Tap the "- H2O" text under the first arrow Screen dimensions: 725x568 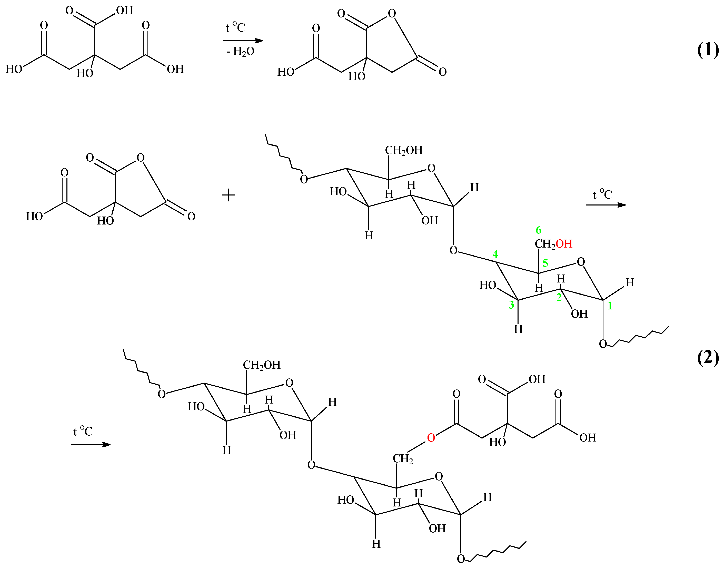pyautogui.click(x=240, y=52)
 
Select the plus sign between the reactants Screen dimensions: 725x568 pyautogui.click(x=228, y=195)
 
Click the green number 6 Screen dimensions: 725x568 pyautogui.click(x=538, y=230)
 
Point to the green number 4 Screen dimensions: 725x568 pyautogui.click(x=495, y=254)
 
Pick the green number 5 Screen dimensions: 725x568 pyautogui.click(x=545, y=263)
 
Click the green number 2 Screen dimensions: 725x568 pyautogui.click(x=559, y=297)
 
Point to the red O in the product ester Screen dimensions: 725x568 pyautogui.click(x=431, y=438)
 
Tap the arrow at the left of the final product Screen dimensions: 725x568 pyautogui.click(x=91, y=445)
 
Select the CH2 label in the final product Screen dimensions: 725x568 pyautogui.click(x=403, y=459)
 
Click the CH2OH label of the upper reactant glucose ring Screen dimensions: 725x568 pyautogui.click(x=404, y=150)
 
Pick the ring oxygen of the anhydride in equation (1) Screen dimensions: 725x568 pyautogui.click(x=392, y=14)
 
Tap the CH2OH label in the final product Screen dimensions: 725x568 pyautogui.click(x=262, y=365)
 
